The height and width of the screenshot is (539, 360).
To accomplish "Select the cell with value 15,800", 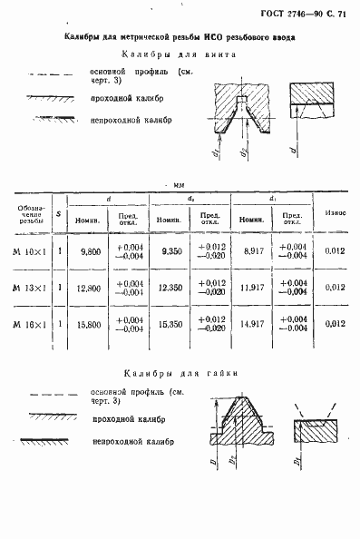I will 90,324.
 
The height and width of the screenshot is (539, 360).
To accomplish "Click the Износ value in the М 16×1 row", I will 334,324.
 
